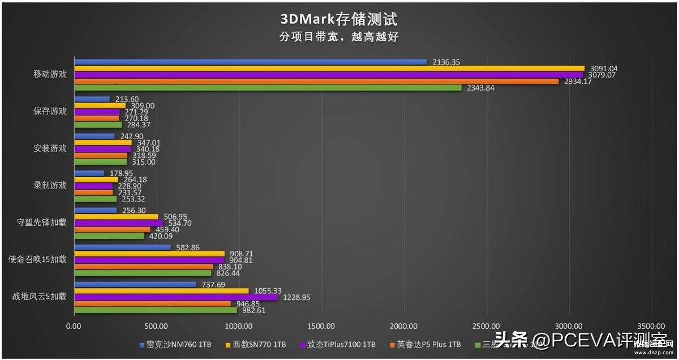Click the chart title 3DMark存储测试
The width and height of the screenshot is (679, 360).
[x=339, y=19]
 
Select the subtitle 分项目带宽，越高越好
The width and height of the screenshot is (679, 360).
[x=339, y=37]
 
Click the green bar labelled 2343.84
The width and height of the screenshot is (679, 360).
[x=268, y=88]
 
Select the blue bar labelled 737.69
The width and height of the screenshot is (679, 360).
[x=135, y=285]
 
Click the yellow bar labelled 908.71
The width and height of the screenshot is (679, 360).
[x=149, y=254]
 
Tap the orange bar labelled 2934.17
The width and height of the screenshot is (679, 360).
[x=317, y=82]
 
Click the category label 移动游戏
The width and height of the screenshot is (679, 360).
[x=50, y=74]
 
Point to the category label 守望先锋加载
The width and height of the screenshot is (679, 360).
[x=42, y=222]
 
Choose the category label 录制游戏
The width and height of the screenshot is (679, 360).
[x=50, y=185]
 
